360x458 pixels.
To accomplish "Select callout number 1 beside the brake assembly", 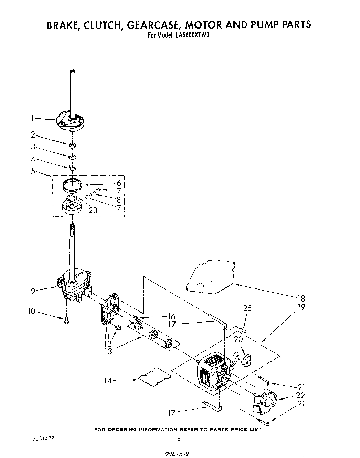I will point(32,119).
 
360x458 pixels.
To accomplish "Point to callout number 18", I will point(301,298).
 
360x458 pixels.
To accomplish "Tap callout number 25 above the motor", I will point(247,308).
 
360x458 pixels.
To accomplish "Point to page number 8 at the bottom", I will point(179,439).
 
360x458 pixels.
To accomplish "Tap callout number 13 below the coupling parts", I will point(108,352).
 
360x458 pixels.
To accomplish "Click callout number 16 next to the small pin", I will point(171,316).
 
